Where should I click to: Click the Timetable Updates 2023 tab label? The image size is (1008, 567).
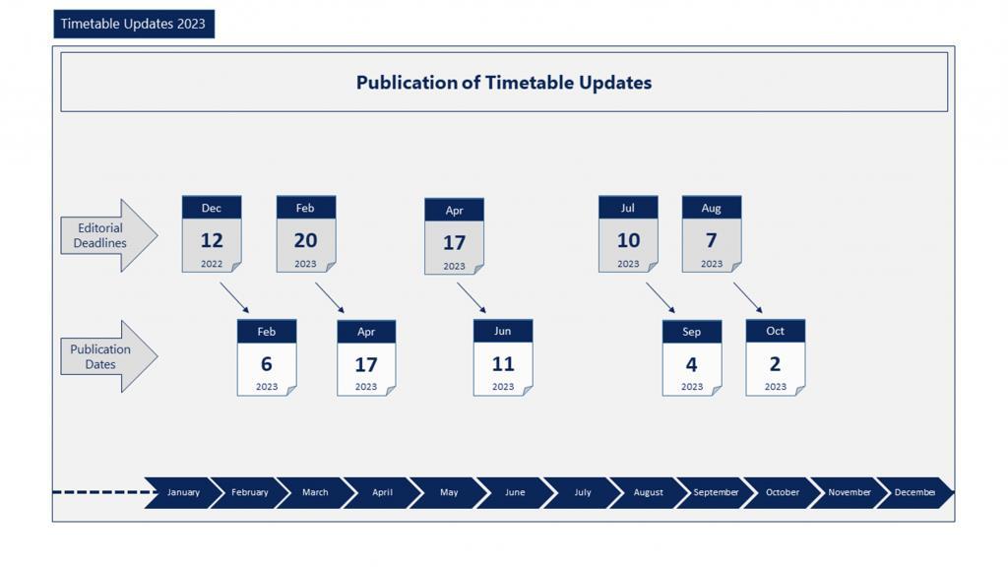tap(134, 24)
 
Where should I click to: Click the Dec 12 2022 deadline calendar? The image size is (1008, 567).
tap(212, 234)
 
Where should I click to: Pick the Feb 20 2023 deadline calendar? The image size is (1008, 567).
tap(306, 234)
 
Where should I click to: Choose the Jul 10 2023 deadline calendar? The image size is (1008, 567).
tap(628, 234)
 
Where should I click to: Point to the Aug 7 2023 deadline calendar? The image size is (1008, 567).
tap(712, 234)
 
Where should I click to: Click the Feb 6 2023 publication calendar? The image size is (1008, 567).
tap(267, 357)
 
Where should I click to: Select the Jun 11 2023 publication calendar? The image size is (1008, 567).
tap(503, 357)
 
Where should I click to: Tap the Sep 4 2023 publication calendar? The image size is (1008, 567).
tap(692, 357)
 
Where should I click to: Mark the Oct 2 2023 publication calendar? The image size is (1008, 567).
tap(776, 357)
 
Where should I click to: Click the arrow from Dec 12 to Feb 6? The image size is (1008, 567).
tap(234, 297)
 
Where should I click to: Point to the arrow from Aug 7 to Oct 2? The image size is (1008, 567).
tap(748, 297)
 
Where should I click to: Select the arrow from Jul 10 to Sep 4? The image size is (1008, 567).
tap(661, 297)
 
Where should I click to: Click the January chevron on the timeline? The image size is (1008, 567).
tap(181, 493)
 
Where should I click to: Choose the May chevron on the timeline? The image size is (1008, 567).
tap(448, 493)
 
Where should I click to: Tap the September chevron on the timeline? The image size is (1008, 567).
tap(715, 493)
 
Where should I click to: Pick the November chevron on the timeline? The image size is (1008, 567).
tap(848, 493)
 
